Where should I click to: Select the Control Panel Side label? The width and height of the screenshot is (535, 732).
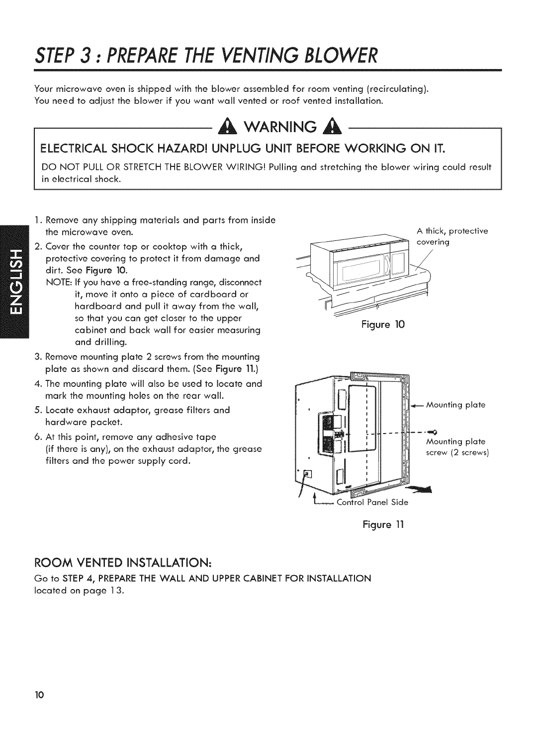point(372,502)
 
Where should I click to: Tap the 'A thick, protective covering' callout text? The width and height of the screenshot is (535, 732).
point(452,236)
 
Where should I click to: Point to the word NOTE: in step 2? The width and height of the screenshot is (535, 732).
point(57,282)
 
